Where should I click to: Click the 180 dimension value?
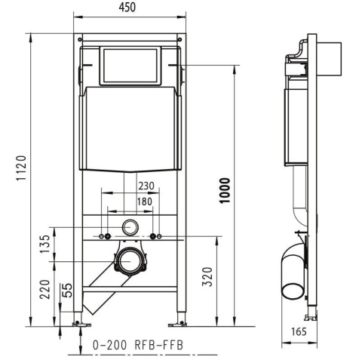[144, 202]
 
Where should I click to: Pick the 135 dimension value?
[46, 243]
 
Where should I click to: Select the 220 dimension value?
[46, 290]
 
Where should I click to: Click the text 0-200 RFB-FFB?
[137, 345]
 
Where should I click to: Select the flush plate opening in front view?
[130, 66]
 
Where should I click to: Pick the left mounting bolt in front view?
[103, 237]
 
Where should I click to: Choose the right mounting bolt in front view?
[155, 237]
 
